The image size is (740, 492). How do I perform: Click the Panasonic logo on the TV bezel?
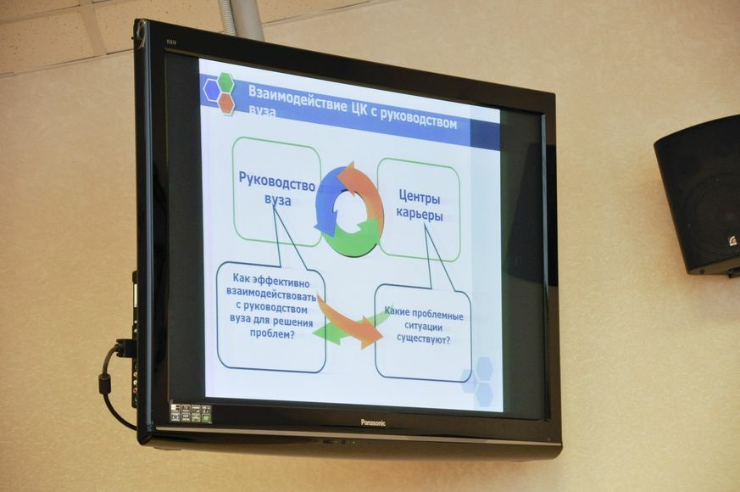pos(373,422)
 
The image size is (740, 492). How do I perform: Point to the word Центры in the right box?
pos(420,197)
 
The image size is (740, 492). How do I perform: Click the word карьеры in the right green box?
pos(420,215)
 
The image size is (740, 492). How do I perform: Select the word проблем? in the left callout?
pos(272,333)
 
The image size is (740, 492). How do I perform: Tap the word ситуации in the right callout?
pos(423,327)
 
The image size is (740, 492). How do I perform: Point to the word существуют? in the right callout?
pos(423,338)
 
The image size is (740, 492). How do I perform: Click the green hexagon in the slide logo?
pos(225,82)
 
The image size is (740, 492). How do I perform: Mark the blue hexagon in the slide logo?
pos(212,90)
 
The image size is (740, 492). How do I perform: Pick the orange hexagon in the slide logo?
pos(226,103)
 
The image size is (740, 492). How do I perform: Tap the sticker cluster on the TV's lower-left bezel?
pos(190,412)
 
